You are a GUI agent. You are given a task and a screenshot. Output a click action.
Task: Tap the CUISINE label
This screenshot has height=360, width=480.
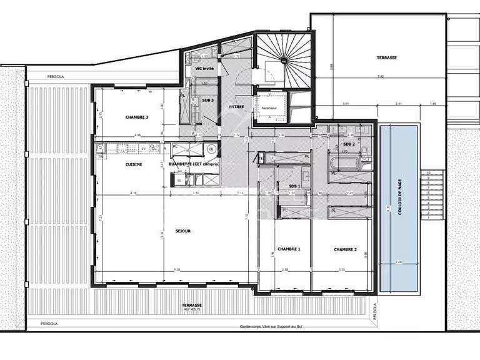[134, 164]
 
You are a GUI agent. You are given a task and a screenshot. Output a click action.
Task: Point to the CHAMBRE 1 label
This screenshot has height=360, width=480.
[289, 249]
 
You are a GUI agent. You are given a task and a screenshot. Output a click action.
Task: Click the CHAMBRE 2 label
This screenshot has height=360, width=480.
[345, 249]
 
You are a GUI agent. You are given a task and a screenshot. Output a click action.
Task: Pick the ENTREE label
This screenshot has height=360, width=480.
[236, 107]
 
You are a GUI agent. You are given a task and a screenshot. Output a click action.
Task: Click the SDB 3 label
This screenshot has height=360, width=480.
[207, 100]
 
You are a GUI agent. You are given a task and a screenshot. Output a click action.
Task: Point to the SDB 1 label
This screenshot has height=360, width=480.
[294, 186]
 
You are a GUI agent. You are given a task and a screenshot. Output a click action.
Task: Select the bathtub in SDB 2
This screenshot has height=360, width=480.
[347, 164]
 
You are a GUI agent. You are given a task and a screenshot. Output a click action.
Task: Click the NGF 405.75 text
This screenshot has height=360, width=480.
[188, 310]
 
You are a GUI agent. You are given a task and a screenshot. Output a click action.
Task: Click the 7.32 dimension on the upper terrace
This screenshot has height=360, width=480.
[381, 76]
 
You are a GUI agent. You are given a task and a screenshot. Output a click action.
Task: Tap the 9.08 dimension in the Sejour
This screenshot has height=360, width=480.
[177, 270]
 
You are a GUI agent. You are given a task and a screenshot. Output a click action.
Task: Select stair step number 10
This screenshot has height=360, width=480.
[429, 172]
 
